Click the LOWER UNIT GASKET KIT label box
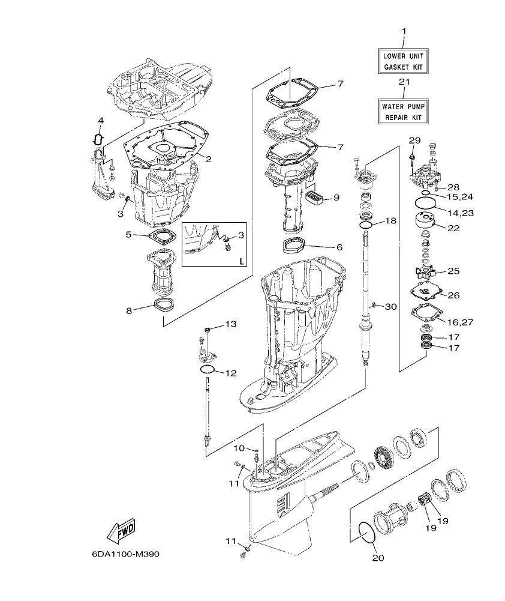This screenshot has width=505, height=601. coord(403,62)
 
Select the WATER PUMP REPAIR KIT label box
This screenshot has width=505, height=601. coord(403,111)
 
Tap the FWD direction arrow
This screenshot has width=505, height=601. coord(121,531)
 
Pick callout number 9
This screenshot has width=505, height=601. coord(336,197)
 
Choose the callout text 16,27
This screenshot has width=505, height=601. coord(459,322)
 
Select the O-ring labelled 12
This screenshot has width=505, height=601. coord(208,369)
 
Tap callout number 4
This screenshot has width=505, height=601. coord(101,121)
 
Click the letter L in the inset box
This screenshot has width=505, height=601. coord(241,261)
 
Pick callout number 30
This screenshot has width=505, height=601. coord(390,307)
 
